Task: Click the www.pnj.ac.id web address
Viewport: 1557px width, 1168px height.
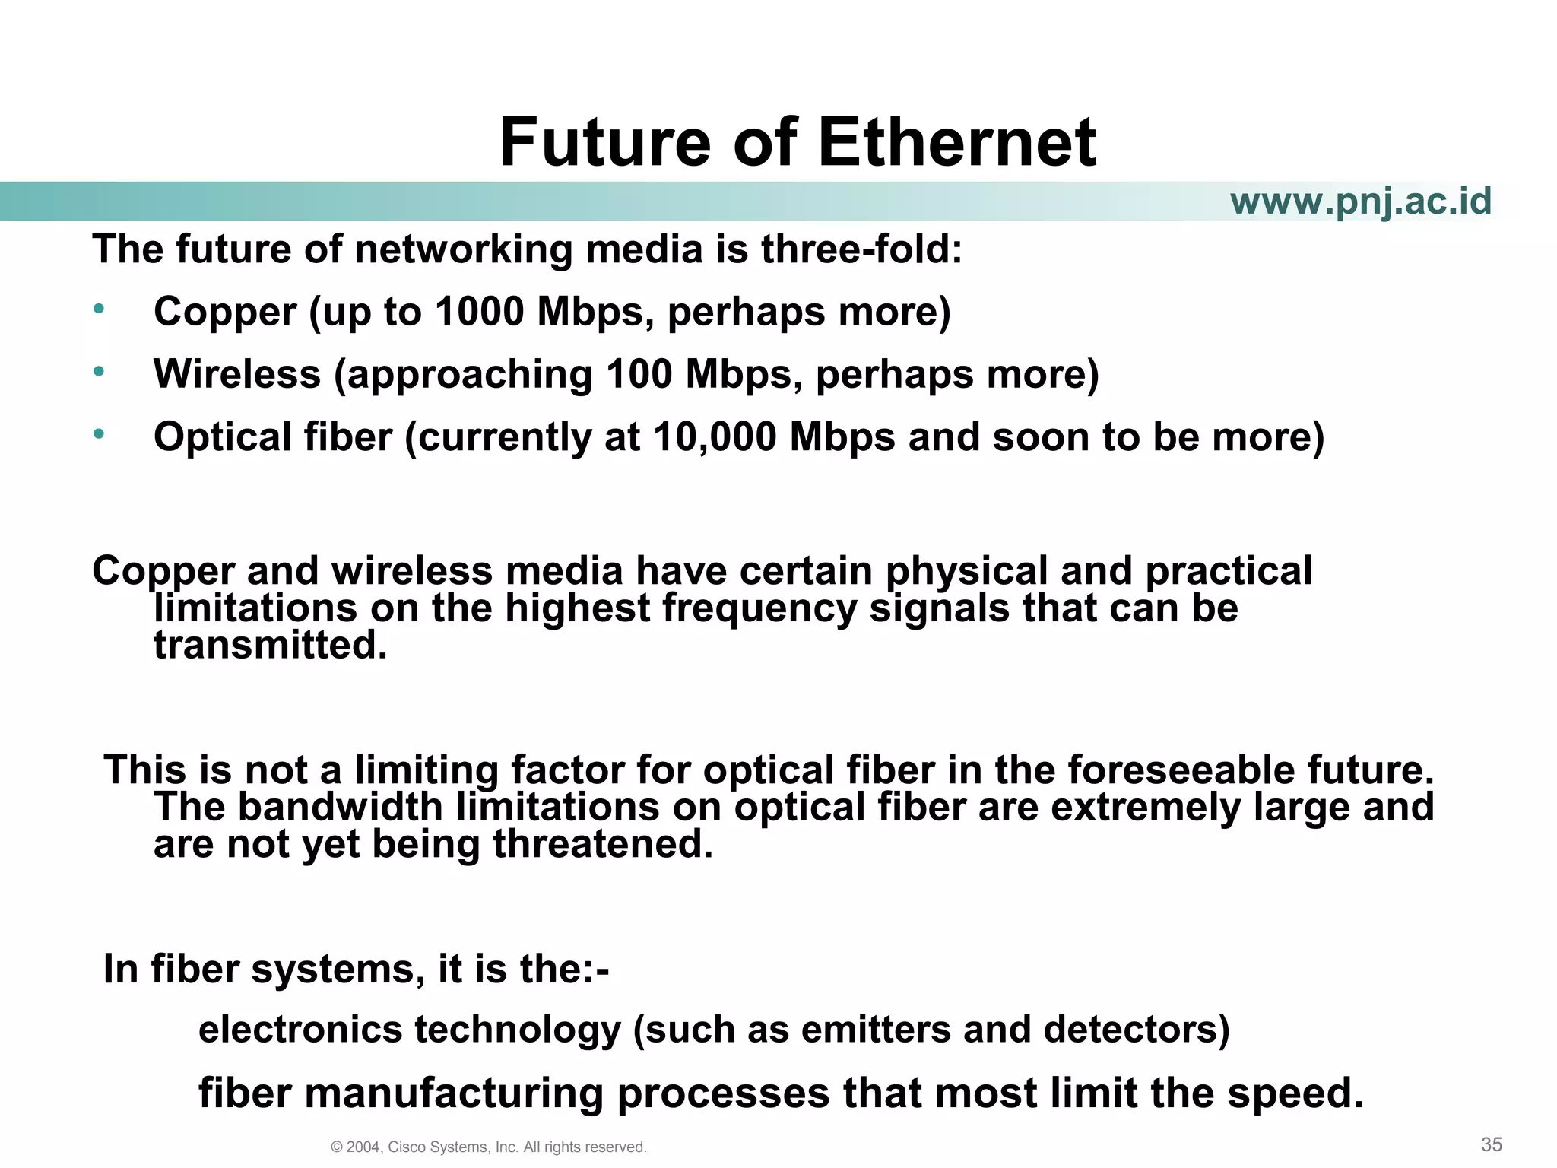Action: tap(1360, 202)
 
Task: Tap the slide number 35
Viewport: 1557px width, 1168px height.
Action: tap(1492, 1144)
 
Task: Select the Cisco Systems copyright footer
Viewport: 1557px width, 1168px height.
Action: tap(489, 1147)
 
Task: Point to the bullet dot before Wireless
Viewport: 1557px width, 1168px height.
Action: tap(98, 372)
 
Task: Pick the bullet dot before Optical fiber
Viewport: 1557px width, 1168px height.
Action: tap(98, 434)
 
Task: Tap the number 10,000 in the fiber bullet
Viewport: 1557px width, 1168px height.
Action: tap(715, 437)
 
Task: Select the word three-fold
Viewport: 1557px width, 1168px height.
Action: tap(861, 249)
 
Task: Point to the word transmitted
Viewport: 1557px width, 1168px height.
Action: tap(270, 645)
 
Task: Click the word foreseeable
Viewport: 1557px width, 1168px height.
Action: tap(1181, 770)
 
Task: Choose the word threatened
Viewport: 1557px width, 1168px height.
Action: tap(603, 844)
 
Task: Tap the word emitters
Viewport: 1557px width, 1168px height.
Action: tap(874, 1030)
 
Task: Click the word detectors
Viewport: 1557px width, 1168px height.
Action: tap(1136, 1030)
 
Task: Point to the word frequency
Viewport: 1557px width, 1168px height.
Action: tap(756, 608)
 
